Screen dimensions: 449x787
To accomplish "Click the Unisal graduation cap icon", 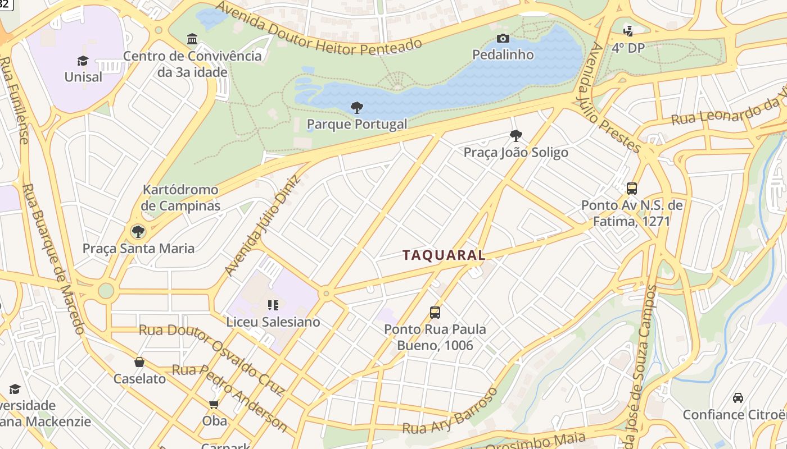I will [83, 61].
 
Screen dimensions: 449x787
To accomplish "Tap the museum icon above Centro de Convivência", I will [192, 39].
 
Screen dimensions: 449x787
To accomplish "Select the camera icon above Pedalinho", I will [503, 38].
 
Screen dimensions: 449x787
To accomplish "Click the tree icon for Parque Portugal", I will [356, 107].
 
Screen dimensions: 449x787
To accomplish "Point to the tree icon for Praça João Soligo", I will [515, 135].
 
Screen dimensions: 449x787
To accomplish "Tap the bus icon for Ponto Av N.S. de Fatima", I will [632, 188].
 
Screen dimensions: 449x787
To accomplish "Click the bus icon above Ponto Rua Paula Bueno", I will [435, 312].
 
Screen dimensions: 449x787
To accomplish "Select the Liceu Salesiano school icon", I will [273, 305].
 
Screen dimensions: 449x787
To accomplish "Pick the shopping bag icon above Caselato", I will [139, 362].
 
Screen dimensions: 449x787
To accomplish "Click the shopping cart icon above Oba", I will [214, 404].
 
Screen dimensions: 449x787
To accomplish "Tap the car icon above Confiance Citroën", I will [738, 398].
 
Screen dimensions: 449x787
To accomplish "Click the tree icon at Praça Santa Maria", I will [138, 231].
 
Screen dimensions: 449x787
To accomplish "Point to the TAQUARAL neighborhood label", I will [444, 255].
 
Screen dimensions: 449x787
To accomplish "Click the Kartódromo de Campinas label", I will [180, 198].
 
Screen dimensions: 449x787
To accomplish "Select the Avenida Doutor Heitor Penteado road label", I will [318, 31].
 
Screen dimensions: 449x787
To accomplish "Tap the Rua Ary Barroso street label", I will [450, 412].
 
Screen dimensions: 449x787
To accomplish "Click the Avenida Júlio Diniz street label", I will [263, 225].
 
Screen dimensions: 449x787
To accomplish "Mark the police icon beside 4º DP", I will [627, 31].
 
